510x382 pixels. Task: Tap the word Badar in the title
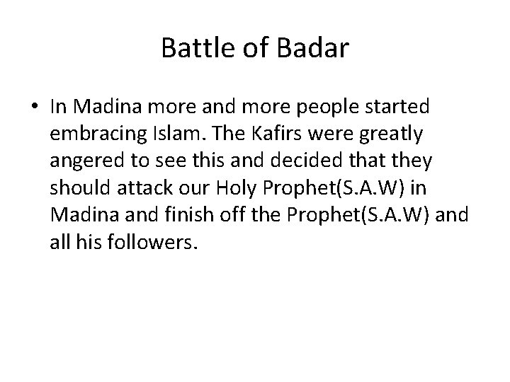click(316, 48)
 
